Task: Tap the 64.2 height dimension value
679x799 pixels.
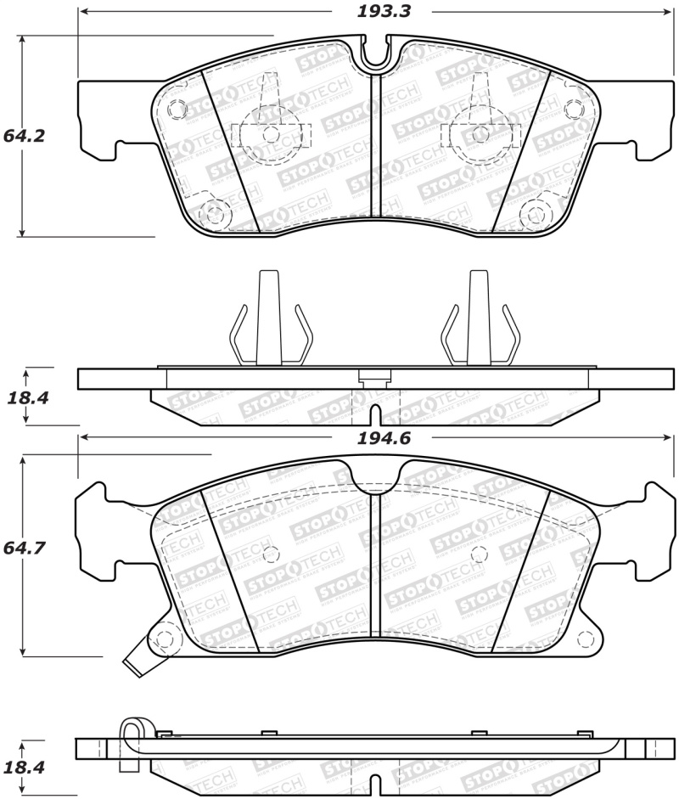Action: [x=24, y=136]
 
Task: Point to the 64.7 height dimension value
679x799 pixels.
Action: [x=24, y=549]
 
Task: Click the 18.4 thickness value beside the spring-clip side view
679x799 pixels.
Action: [x=24, y=397]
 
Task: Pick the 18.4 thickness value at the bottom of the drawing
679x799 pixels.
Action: [x=24, y=767]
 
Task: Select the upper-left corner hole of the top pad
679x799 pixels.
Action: [x=177, y=109]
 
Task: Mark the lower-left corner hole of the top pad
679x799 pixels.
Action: [x=213, y=211]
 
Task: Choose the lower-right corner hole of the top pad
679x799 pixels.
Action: [x=536, y=211]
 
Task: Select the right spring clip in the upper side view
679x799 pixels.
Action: [x=479, y=323]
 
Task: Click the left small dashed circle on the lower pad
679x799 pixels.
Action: [x=271, y=554]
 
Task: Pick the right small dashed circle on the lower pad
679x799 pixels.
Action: [x=480, y=554]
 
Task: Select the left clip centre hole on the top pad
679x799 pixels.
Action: [x=270, y=133]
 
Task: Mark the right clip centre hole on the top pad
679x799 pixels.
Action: [x=481, y=133]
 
